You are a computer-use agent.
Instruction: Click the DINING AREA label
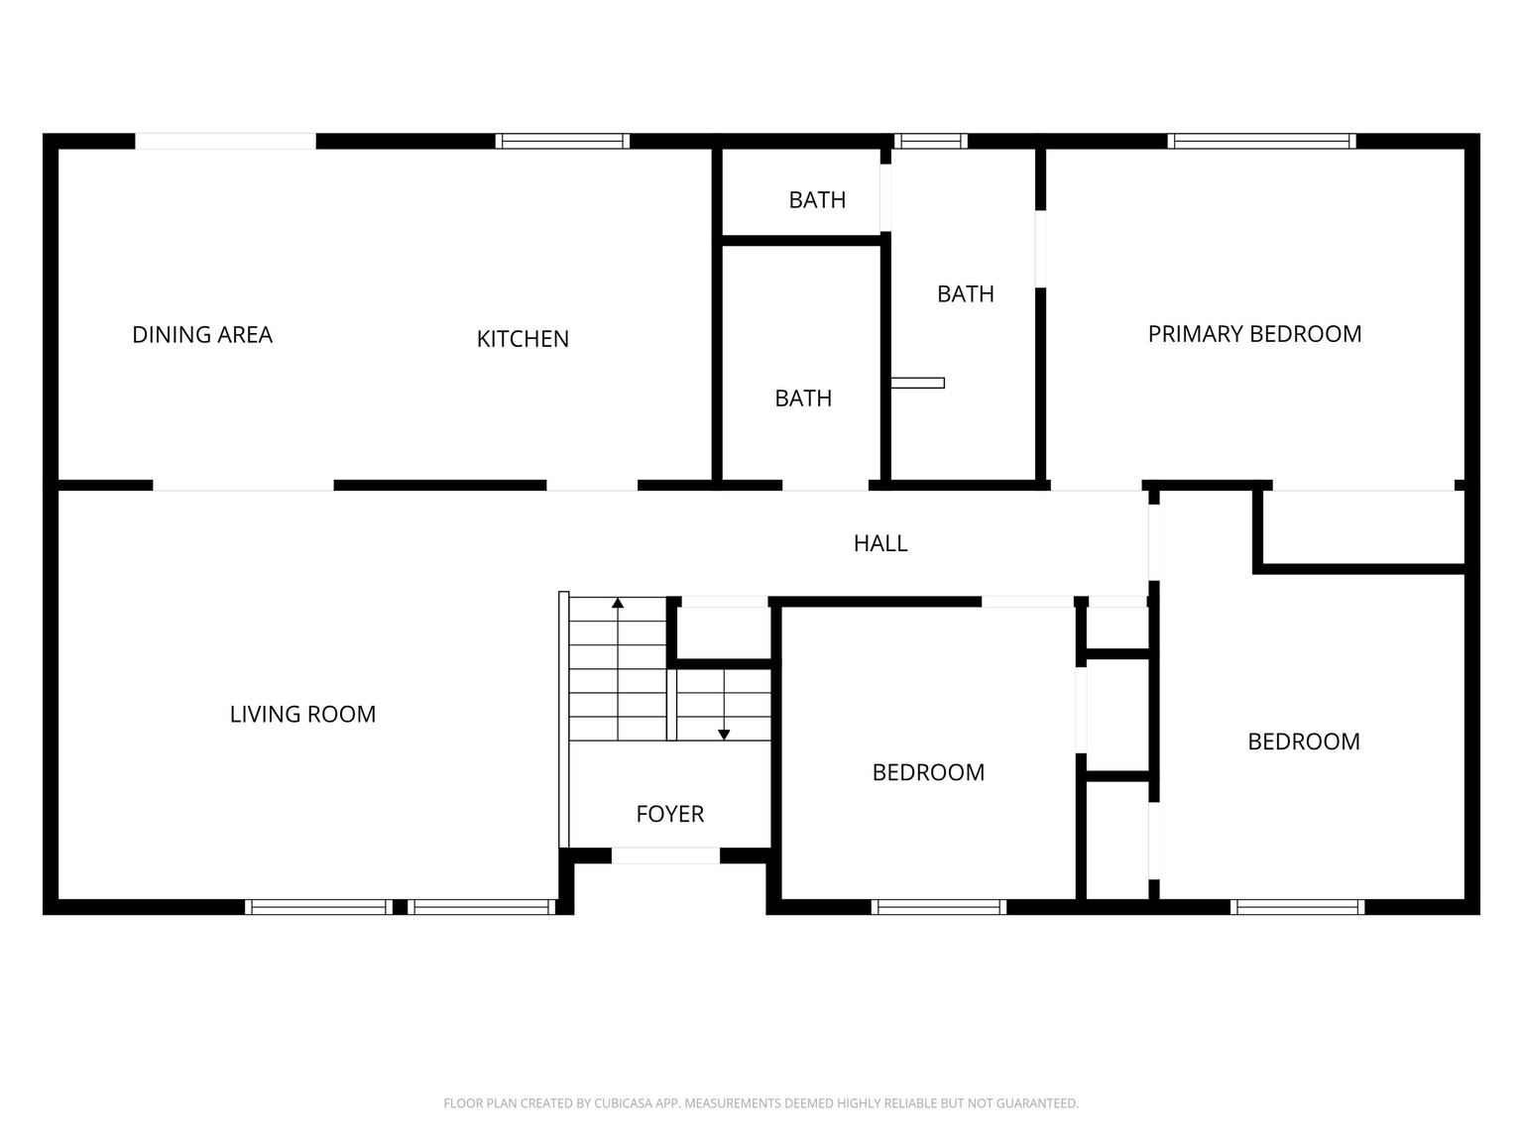pyautogui.click(x=202, y=335)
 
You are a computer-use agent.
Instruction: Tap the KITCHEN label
pyautogui.click(x=523, y=339)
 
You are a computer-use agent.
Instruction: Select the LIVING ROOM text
pyautogui.click(x=302, y=715)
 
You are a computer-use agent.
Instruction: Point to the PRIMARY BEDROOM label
pyautogui.click(x=1254, y=334)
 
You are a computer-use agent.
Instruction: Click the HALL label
pyautogui.click(x=880, y=543)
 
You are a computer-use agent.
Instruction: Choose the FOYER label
pyautogui.click(x=670, y=814)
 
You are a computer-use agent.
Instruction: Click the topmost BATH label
pyautogui.click(x=817, y=200)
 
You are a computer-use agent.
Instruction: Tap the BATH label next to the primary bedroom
pyautogui.click(x=965, y=294)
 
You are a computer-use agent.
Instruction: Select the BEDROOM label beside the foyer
pyautogui.click(x=928, y=772)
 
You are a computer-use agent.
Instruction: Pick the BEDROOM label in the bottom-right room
pyautogui.click(x=1303, y=742)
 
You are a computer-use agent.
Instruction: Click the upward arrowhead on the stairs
pyautogui.click(x=618, y=602)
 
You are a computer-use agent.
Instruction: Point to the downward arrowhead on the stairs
pyautogui.click(x=724, y=735)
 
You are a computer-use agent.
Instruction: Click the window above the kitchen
pyautogui.click(x=562, y=141)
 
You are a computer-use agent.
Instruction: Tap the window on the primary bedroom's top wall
pyautogui.click(x=1261, y=141)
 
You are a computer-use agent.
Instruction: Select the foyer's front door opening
pyautogui.click(x=665, y=856)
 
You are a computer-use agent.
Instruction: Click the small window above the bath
pyautogui.click(x=930, y=141)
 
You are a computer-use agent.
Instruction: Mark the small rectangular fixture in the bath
pyautogui.click(x=917, y=383)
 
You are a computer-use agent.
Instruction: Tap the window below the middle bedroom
pyautogui.click(x=938, y=906)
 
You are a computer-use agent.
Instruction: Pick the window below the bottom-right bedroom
pyautogui.click(x=1297, y=906)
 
